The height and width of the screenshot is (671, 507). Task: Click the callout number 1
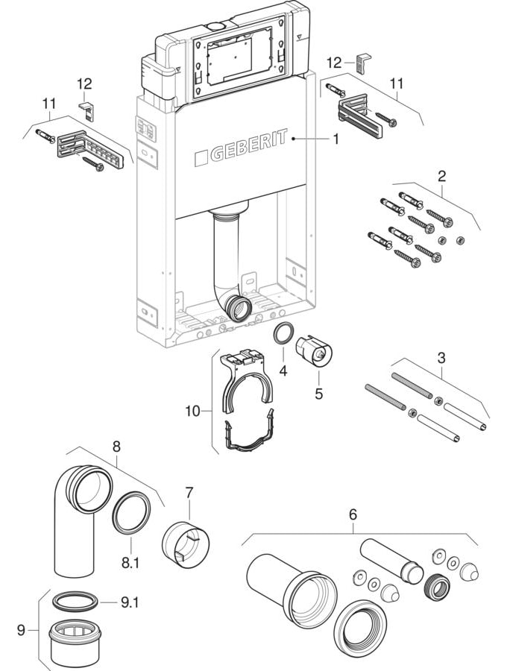[x=336, y=139]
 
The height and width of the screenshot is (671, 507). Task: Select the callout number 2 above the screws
[x=441, y=176]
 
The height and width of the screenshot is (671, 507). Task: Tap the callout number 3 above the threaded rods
[x=441, y=357]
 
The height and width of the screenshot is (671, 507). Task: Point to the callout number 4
[x=283, y=371]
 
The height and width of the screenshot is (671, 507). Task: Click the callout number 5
[x=319, y=393]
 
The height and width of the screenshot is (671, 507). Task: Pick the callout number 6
[x=353, y=514]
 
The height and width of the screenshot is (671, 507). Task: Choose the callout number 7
[x=189, y=493]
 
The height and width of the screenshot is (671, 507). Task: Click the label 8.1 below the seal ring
[x=130, y=563]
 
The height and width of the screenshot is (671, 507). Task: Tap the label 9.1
[x=130, y=603]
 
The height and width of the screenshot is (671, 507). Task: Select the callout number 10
[x=192, y=412]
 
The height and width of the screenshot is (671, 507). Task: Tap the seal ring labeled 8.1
[x=132, y=513]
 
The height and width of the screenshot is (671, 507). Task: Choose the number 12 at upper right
[x=334, y=63]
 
